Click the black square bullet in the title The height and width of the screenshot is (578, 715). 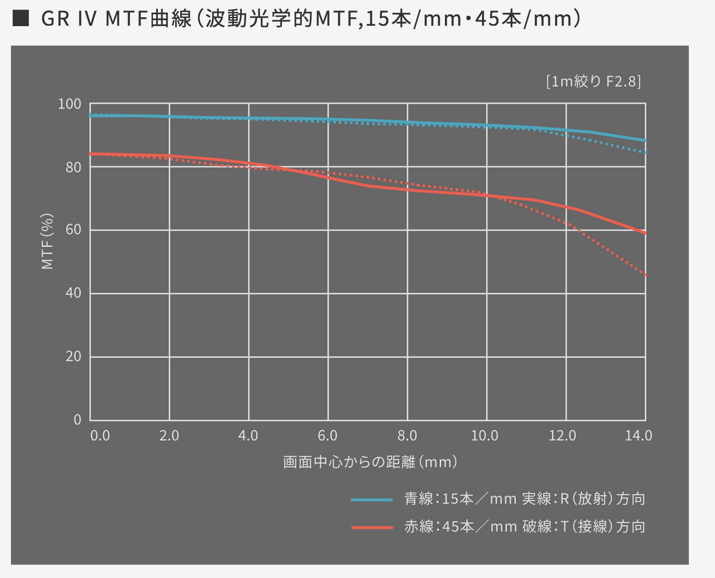[21, 19]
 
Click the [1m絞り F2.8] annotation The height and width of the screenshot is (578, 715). [593, 81]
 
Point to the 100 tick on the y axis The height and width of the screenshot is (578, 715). [69, 104]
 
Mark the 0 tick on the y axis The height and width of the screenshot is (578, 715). [77, 419]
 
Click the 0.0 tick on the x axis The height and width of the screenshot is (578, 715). [100, 435]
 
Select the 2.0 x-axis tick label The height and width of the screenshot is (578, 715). [169, 435]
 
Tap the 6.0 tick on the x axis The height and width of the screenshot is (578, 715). [328, 435]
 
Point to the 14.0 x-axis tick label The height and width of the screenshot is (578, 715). [639, 435]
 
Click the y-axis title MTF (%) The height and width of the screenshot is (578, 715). [47, 241]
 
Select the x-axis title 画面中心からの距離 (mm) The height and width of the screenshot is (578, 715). [370, 462]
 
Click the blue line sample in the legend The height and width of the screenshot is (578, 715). [372, 500]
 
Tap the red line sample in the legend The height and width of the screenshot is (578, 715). [372, 527]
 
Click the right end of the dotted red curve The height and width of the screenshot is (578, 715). [645, 275]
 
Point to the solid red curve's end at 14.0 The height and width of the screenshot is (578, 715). [645, 233]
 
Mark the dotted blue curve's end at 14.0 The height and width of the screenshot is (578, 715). [645, 153]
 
